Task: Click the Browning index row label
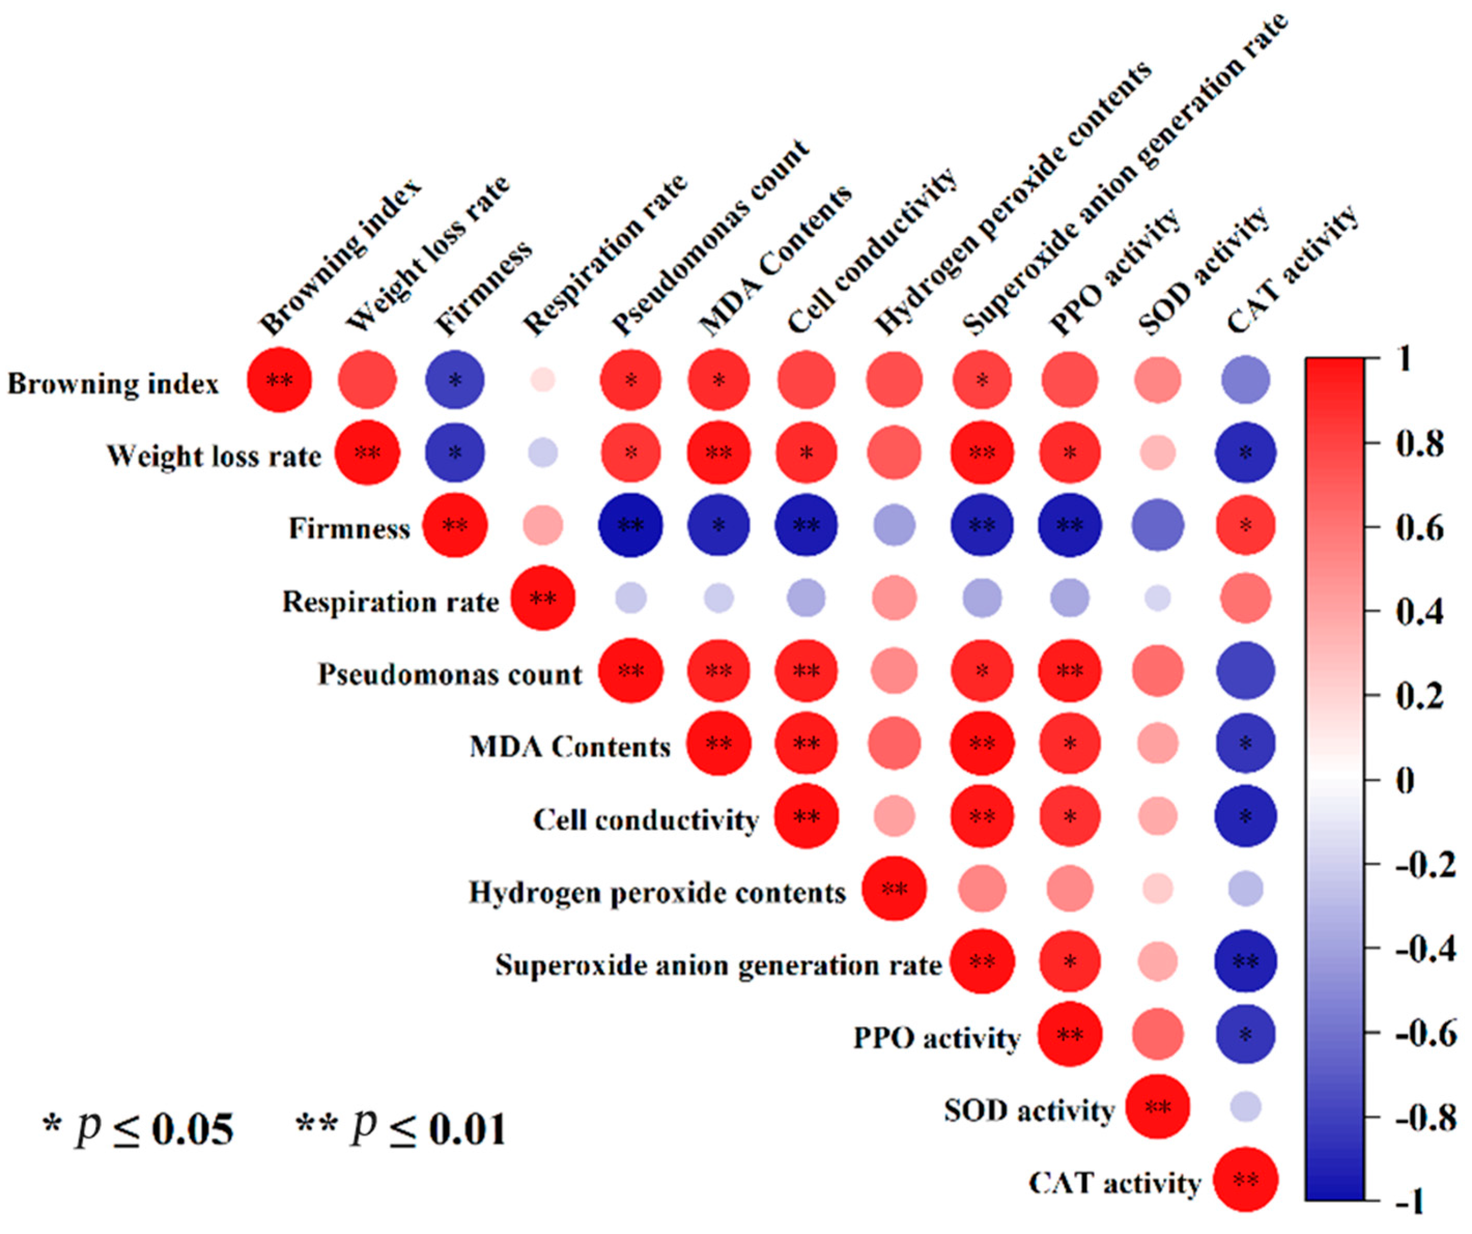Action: [113, 383]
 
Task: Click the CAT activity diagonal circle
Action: [1246, 1179]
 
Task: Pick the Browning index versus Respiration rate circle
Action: [542, 380]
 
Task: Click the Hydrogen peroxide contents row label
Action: [657, 892]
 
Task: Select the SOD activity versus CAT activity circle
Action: [1246, 1107]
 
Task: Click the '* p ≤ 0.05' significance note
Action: [138, 1129]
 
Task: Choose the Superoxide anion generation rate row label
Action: [719, 965]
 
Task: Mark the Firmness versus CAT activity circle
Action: [1246, 525]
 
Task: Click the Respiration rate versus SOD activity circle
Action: [1157, 598]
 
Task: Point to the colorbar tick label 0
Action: [1405, 780]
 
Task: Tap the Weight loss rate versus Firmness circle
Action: [455, 453]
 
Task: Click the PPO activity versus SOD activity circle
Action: [1157, 1034]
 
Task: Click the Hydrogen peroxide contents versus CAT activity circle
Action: [1246, 889]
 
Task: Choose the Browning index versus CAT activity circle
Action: [1246, 380]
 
